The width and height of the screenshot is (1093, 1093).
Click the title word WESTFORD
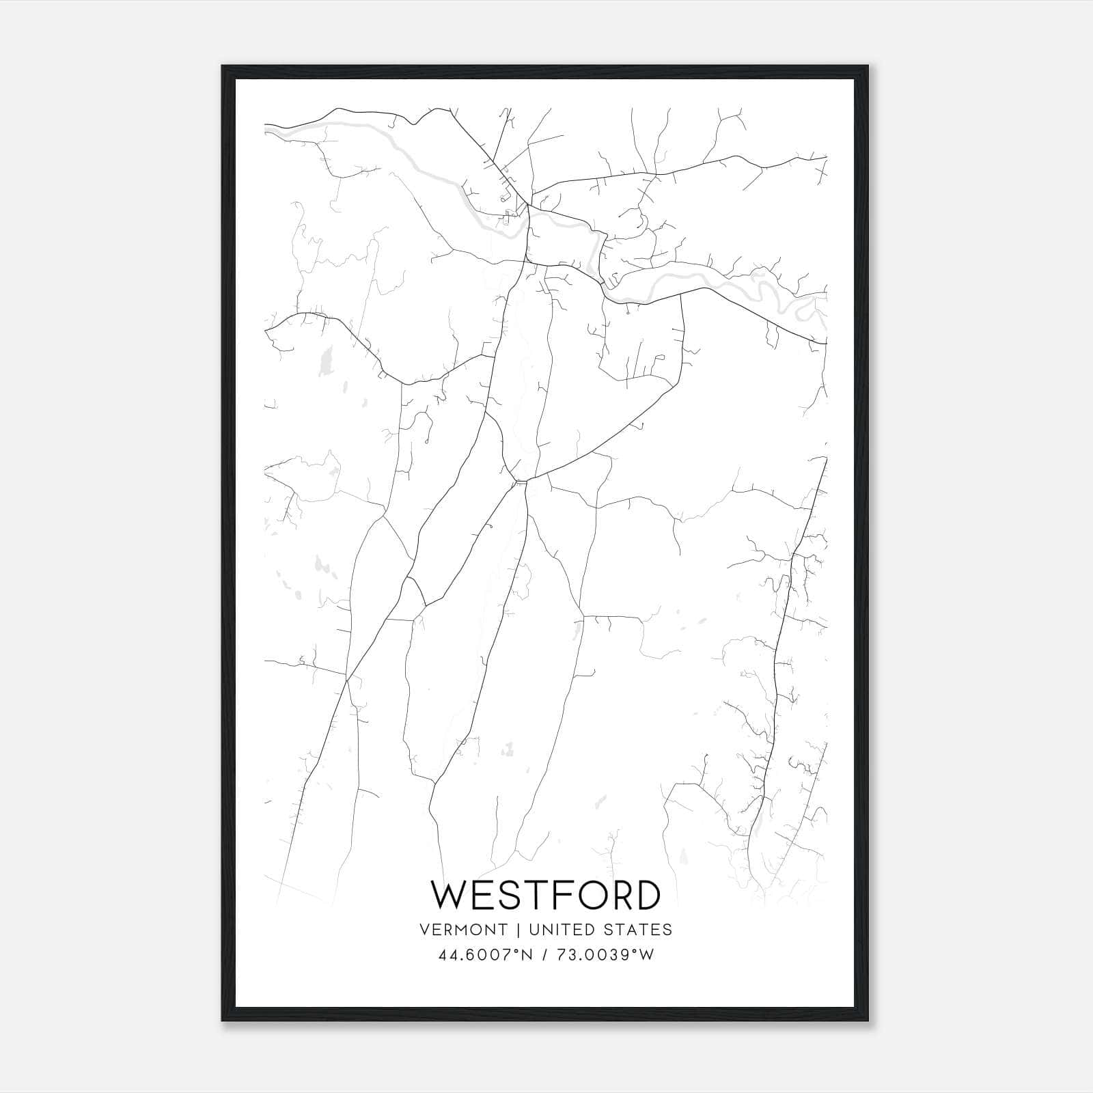[546, 895]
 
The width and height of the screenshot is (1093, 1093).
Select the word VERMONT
[465, 930]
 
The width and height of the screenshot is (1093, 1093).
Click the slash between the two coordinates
[542, 955]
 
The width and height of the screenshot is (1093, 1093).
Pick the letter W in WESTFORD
[448, 895]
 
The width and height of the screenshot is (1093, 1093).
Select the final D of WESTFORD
[646, 895]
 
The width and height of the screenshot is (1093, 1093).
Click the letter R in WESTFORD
[612, 895]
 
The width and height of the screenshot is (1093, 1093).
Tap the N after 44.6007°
[527, 955]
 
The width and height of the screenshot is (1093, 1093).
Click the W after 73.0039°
[648, 955]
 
